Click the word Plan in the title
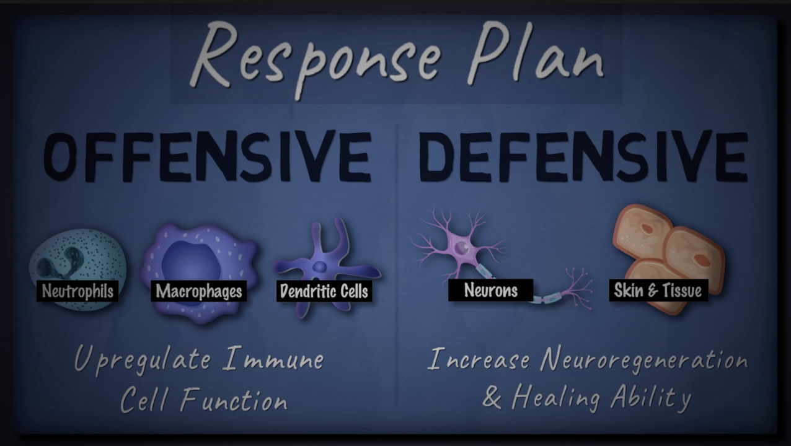(x=535, y=53)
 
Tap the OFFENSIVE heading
(x=208, y=155)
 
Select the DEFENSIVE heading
(x=583, y=155)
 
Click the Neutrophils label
(x=77, y=291)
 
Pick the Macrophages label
(x=199, y=291)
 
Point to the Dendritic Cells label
(x=324, y=291)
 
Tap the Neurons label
(x=490, y=290)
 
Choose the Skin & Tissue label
(x=658, y=290)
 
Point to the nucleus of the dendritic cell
(x=320, y=267)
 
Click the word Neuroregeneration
(x=643, y=361)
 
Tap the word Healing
(x=556, y=398)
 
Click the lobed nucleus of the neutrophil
(x=60, y=262)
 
